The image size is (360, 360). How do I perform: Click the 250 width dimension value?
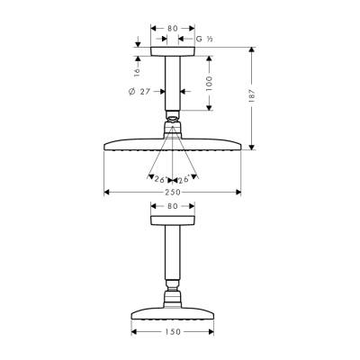click(x=173, y=192)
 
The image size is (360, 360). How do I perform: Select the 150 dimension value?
click(x=173, y=332)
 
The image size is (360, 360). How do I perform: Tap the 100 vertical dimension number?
click(x=208, y=82)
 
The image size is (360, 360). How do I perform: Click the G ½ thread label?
click(x=203, y=40)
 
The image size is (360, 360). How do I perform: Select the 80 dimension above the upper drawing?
click(x=173, y=28)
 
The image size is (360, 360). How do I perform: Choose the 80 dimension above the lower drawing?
click(x=173, y=208)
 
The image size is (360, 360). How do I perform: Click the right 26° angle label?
click(x=185, y=177)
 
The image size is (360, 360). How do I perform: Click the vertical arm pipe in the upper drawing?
click(x=173, y=85)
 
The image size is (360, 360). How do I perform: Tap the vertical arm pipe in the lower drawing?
click(x=173, y=256)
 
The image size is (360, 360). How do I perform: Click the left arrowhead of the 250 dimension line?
click(x=108, y=192)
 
